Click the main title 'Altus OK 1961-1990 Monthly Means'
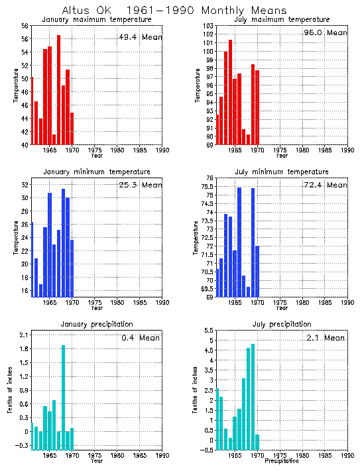[x=174, y=11]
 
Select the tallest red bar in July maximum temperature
[x=230, y=92]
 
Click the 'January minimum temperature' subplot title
[x=97, y=172]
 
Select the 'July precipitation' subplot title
[x=282, y=324]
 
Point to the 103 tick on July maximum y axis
[x=208, y=25]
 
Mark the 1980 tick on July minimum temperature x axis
[x=302, y=302]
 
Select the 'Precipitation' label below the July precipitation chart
[x=282, y=460]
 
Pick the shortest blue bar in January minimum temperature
[x=40, y=290]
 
